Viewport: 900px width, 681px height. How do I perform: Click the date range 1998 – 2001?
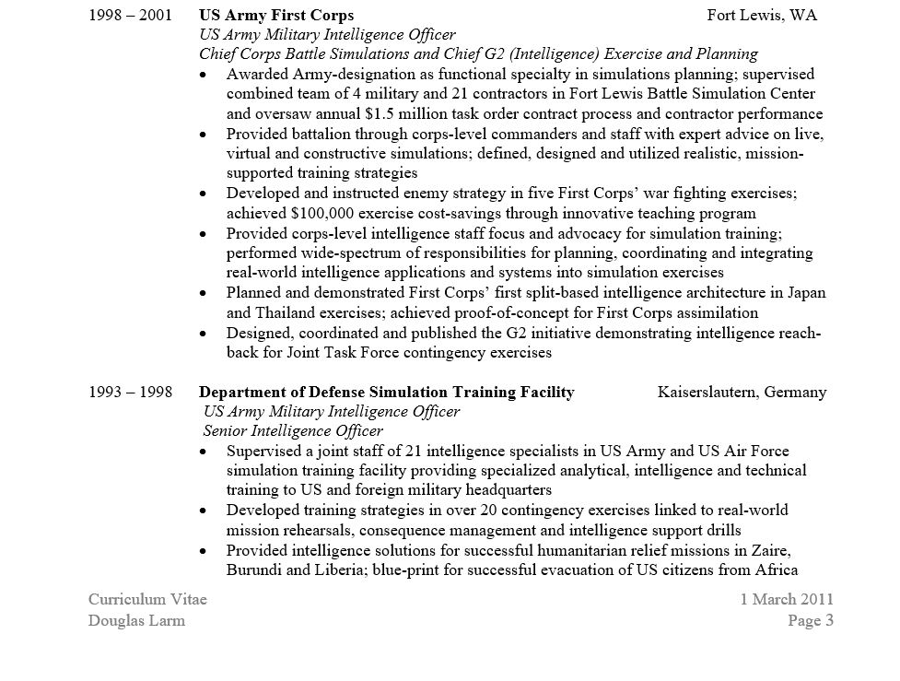(x=130, y=16)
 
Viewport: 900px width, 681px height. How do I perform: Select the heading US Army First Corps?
(x=276, y=16)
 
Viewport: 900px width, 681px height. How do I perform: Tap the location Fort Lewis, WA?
(x=762, y=16)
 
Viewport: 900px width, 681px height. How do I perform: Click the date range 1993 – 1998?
(x=130, y=393)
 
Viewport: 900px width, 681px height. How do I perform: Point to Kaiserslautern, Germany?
(x=742, y=393)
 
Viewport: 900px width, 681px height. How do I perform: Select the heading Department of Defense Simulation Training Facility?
(x=387, y=393)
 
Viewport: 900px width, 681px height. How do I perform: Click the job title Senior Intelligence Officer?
(x=293, y=431)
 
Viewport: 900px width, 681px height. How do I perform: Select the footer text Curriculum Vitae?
(x=147, y=600)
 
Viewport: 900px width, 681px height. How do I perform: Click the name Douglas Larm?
(x=136, y=621)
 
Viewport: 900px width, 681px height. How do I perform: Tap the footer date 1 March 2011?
(x=787, y=600)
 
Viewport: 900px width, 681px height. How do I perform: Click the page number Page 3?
(x=811, y=621)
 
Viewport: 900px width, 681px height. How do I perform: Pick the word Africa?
(x=776, y=570)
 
